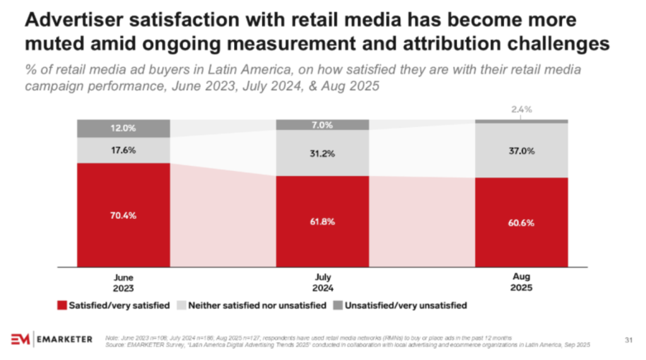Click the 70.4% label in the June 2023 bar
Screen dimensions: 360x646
[x=123, y=215]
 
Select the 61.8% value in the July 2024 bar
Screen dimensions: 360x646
[x=322, y=222]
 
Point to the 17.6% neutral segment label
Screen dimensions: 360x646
[x=123, y=151]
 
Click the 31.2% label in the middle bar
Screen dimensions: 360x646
[x=322, y=153]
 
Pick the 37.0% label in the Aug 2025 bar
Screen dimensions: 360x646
[x=521, y=151]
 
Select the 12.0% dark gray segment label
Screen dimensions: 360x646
[x=123, y=128]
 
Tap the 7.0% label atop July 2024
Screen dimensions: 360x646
[x=322, y=125]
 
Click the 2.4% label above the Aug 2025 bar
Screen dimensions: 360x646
[x=521, y=109]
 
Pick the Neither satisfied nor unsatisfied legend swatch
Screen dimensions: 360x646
[x=181, y=306]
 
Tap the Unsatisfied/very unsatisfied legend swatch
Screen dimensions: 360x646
[x=338, y=306]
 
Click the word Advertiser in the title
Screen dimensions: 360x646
[x=70, y=21]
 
